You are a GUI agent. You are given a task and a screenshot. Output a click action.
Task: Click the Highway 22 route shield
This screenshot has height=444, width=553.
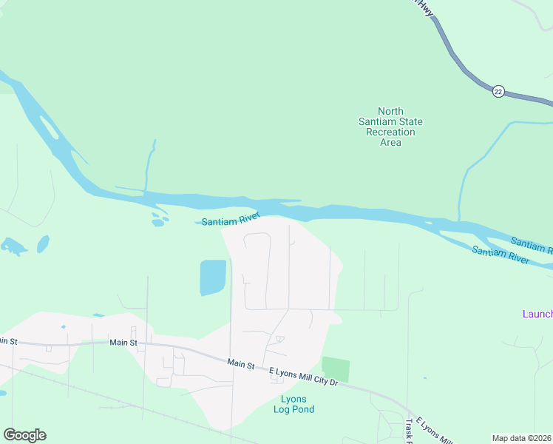498,91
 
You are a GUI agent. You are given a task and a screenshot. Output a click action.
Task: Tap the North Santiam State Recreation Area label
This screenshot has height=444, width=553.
390,127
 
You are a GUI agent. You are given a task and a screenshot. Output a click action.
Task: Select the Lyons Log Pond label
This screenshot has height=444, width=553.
294,404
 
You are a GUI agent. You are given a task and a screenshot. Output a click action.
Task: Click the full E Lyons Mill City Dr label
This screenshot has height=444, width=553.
302,377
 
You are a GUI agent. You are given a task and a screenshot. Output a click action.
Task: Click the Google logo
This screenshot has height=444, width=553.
24,435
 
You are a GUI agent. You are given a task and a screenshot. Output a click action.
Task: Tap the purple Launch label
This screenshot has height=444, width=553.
537,314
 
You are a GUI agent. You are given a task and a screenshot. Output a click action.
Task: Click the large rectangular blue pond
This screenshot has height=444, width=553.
213,277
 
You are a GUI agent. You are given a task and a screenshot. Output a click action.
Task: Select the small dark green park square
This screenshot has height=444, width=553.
335,369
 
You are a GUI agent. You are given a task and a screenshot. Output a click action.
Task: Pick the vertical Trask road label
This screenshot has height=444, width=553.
409,428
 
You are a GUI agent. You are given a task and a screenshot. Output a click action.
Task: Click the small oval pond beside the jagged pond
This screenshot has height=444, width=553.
43,243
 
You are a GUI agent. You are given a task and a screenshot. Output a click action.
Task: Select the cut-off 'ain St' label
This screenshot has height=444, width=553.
7,341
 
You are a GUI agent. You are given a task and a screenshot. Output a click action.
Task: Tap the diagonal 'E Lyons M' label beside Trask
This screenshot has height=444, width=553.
433,431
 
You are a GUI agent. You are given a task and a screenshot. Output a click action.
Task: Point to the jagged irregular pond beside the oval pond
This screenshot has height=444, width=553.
14,246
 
